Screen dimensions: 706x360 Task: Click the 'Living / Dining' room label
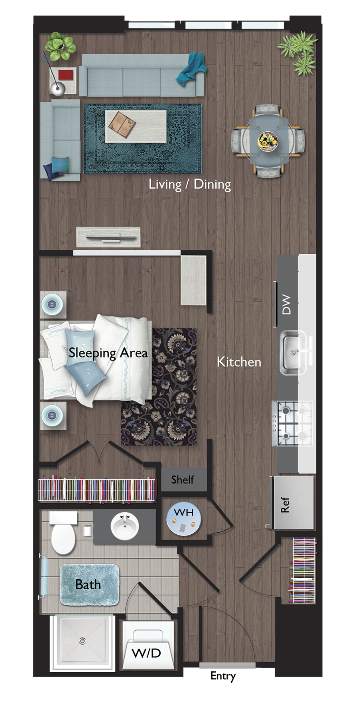pyautogui.click(x=190, y=184)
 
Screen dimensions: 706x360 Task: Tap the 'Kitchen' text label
pyautogui.click(x=239, y=362)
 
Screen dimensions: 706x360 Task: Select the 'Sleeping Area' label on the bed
pyautogui.click(x=108, y=353)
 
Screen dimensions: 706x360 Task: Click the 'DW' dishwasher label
pyautogui.click(x=286, y=304)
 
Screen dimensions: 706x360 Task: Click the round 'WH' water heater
pyautogui.click(x=184, y=518)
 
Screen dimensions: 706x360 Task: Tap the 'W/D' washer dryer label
pyautogui.click(x=146, y=653)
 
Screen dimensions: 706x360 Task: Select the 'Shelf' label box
pyautogui.click(x=183, y=480)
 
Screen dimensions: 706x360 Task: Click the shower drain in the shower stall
pyautogui.click(x=82, y=641)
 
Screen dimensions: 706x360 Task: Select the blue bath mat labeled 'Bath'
pyautogui.click(x=89, y=584)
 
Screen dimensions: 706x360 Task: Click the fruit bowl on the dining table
pyautogui.click(x=267, y=141)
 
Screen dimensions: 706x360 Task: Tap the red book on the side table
pyautogui.click(x=66, y=75)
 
